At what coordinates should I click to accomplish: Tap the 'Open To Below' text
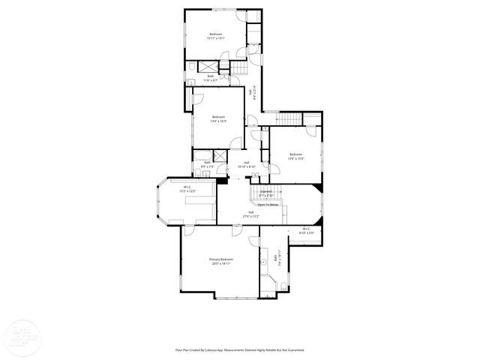pos(268,204)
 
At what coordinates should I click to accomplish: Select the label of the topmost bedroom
pos(216,34)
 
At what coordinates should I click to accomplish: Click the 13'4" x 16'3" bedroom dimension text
pos(218,120)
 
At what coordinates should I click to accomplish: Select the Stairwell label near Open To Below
pos(266,193)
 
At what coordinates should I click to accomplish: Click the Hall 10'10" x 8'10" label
pos(246,165)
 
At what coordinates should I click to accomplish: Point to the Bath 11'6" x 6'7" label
pos(210,77)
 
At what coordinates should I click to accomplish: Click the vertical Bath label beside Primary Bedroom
pos(277,259)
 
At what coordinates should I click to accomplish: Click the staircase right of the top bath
pos(238,70)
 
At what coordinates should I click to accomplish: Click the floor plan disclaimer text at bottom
pos(240,349)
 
